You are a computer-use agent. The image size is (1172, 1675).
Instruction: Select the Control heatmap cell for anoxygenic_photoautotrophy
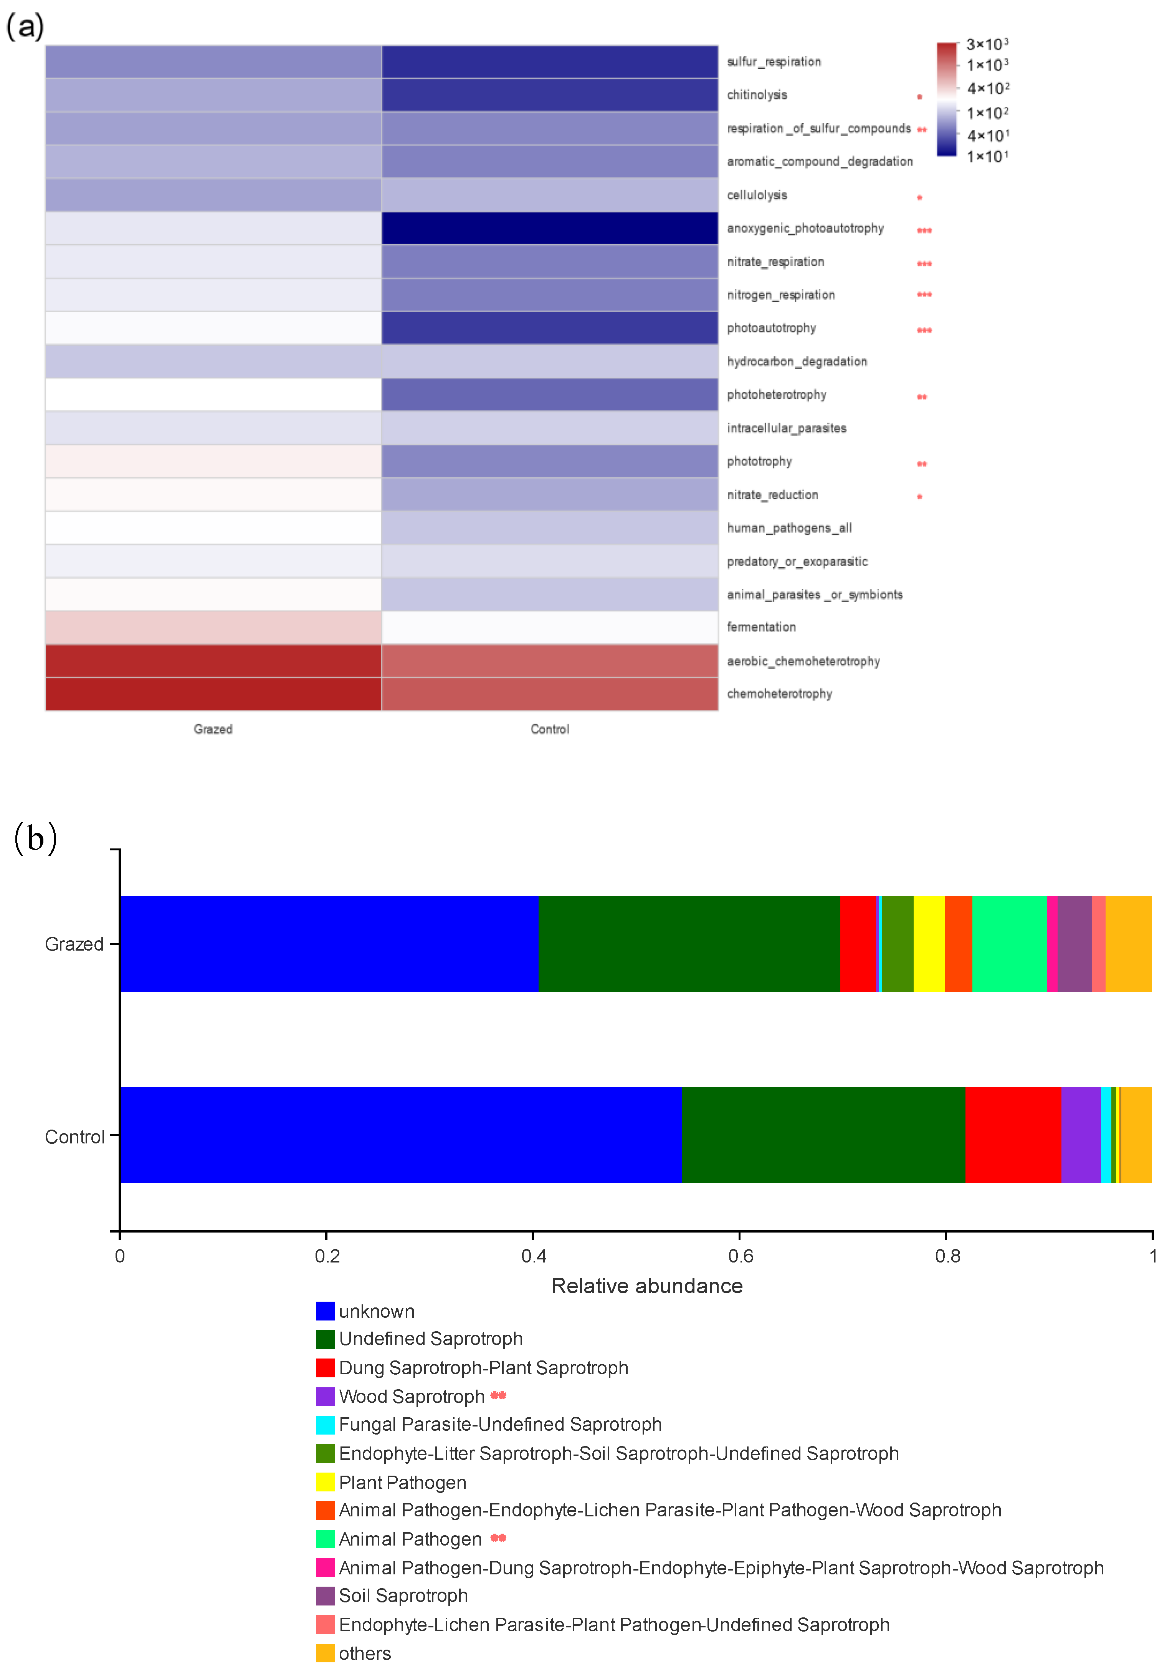click(x=549, y=229)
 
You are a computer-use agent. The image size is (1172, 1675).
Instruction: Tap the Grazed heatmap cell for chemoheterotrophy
click(x=213, y=694)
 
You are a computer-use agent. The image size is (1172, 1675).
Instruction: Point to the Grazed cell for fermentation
click(x=213, y=627)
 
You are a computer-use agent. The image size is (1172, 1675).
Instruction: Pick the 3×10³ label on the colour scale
click(x=987, y=45)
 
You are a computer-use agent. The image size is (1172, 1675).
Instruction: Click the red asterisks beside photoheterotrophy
click(x=922, y=397)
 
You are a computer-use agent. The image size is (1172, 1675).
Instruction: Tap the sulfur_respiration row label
click(x=774, y=62)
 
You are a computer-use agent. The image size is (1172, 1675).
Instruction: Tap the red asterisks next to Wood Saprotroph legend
click(x=498, y=1396)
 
